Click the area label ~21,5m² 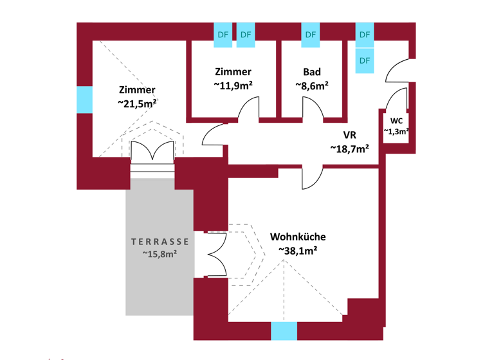137,103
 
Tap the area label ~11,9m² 233,85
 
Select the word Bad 311,72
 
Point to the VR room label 349,135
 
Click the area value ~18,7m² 349,148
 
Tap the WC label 396,121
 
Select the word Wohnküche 298,237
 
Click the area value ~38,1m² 298,251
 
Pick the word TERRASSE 160,242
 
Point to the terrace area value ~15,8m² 160,254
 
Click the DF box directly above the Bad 311,35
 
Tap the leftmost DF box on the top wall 223,35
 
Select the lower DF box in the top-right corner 365,60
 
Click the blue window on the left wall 84,100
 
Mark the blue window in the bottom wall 284,331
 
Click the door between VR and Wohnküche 312,177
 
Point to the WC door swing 398,100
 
